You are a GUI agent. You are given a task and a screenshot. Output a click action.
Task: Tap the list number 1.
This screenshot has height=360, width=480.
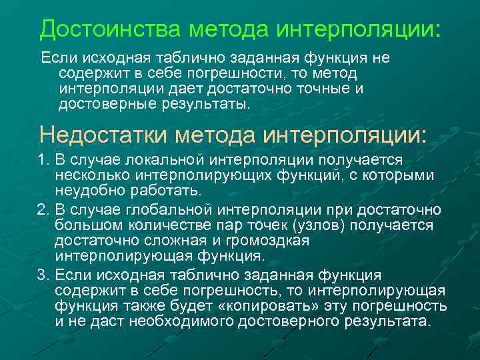pos(43,161)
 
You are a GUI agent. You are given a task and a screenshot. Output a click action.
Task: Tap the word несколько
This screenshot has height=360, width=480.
pos(93,176)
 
